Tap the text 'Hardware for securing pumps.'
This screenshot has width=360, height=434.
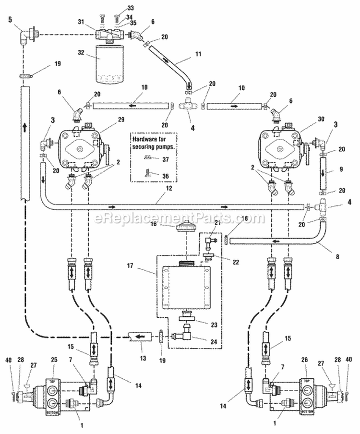[x=152, y=142]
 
